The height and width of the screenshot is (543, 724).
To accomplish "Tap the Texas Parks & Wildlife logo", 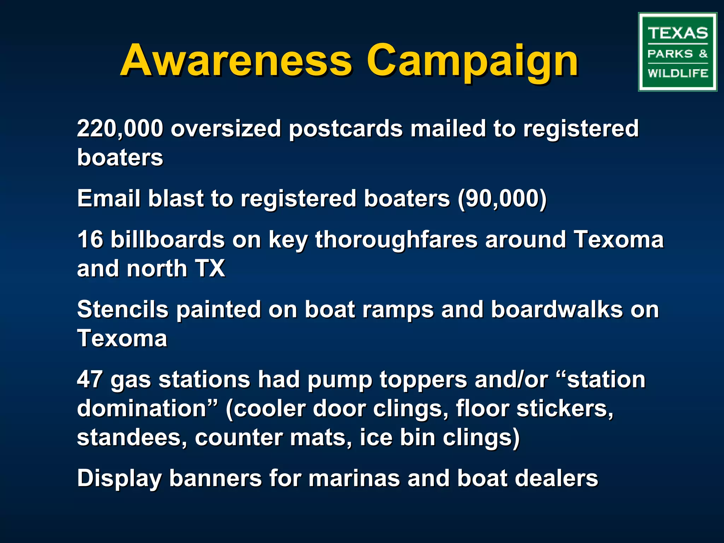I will point(677,52).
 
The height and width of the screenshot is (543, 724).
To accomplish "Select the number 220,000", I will point(120,128).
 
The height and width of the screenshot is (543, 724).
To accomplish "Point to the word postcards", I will point(346,129).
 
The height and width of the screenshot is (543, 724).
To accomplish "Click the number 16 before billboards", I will point(90,239).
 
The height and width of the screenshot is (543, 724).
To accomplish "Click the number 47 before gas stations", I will point(90,379).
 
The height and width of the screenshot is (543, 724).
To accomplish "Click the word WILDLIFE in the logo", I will point(678,73).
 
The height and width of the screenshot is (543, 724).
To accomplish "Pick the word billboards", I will point(168,239).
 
